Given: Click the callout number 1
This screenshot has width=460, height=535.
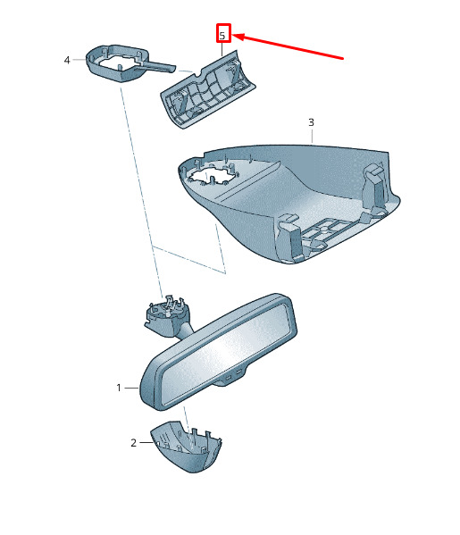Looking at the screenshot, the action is click(x=119, y=388).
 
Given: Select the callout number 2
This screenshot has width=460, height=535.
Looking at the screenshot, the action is click(x=133, y=443).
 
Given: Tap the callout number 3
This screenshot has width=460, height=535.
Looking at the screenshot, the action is click(x=311, y=122).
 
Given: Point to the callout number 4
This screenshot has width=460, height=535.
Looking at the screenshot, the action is click(x=67, y=60).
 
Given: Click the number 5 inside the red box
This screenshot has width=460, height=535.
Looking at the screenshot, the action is click(x=222, y=36).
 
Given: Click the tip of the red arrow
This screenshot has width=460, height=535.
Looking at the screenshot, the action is click(x=233, y=35).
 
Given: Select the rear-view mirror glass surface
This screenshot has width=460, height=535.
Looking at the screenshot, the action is click(x=226, y=353).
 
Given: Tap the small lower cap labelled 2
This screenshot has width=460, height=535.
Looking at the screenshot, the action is click(x=187, y=447).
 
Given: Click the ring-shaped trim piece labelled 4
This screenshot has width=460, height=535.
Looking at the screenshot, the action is click(x=116, y=63).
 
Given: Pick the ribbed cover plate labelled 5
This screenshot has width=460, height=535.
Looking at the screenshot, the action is click(x=209, y=89).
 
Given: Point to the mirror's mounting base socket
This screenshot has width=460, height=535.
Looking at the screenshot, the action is click(x=166, y=316).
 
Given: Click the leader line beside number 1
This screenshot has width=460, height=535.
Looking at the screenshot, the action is click(x=131, y=388).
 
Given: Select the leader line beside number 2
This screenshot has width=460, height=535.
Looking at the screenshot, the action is click(x=146, y=442).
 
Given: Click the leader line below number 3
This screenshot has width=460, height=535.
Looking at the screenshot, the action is click(x=312, y=136).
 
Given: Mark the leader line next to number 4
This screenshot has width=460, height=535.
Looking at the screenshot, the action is click(x=79, y=59).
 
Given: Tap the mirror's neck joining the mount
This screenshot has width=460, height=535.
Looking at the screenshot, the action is click(x=185, y=330).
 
